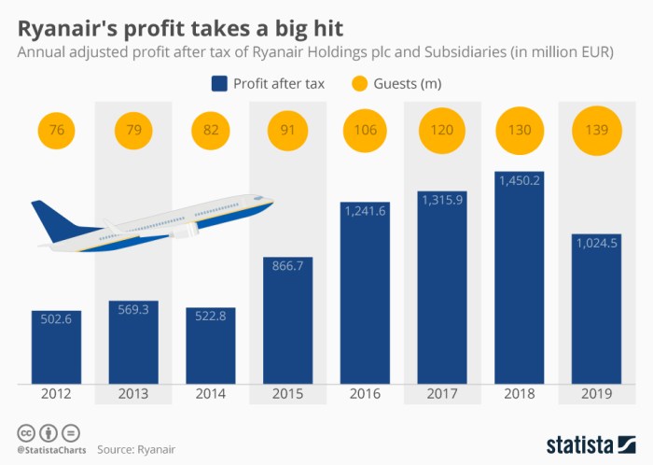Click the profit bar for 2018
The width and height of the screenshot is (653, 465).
[x=519, y=277]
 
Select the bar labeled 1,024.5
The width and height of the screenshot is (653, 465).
[x=596, y=308]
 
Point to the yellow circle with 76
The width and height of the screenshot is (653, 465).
[x=57, y=130]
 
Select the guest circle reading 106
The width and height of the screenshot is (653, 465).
[x=365, y=130]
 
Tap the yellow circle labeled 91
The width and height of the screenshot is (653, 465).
[x=287, y=130]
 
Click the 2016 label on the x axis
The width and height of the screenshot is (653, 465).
[x=365, y=394]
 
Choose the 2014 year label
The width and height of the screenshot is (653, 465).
[x=211, y=394]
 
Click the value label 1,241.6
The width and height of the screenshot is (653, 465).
[x=365, y=214]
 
